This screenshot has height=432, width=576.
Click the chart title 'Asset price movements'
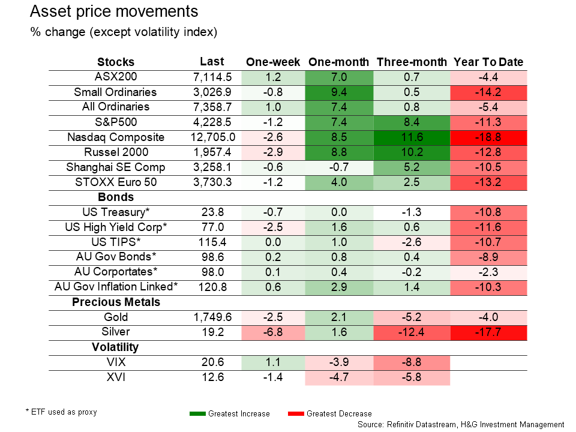click(114, 12)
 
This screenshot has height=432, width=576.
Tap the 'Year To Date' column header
click(488, 62)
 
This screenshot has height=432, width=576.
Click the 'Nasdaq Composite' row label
click(116, 137)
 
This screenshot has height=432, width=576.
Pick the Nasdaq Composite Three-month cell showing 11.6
click(411, 137)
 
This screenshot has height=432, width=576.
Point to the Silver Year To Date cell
click(488, 332)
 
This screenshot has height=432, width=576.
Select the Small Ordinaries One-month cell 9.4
click(339, 92)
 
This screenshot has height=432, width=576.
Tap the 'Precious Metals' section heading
click(116, 302)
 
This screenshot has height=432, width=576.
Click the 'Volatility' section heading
click(115, 347)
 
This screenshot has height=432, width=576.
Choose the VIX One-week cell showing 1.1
click(273, 362)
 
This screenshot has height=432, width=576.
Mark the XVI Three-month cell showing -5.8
click(411, 377)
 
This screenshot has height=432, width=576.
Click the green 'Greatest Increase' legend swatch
click(197, 413)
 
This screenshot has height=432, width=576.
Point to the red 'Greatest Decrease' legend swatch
click(296, 413)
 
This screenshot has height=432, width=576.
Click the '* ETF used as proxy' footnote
click(61, 412)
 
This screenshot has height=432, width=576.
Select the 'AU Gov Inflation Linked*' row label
click(116, 287)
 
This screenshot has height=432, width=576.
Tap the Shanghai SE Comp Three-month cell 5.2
click(411, 167)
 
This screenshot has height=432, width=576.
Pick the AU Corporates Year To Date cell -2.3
click(488, 272)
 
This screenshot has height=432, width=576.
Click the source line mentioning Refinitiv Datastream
click(461, 424)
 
